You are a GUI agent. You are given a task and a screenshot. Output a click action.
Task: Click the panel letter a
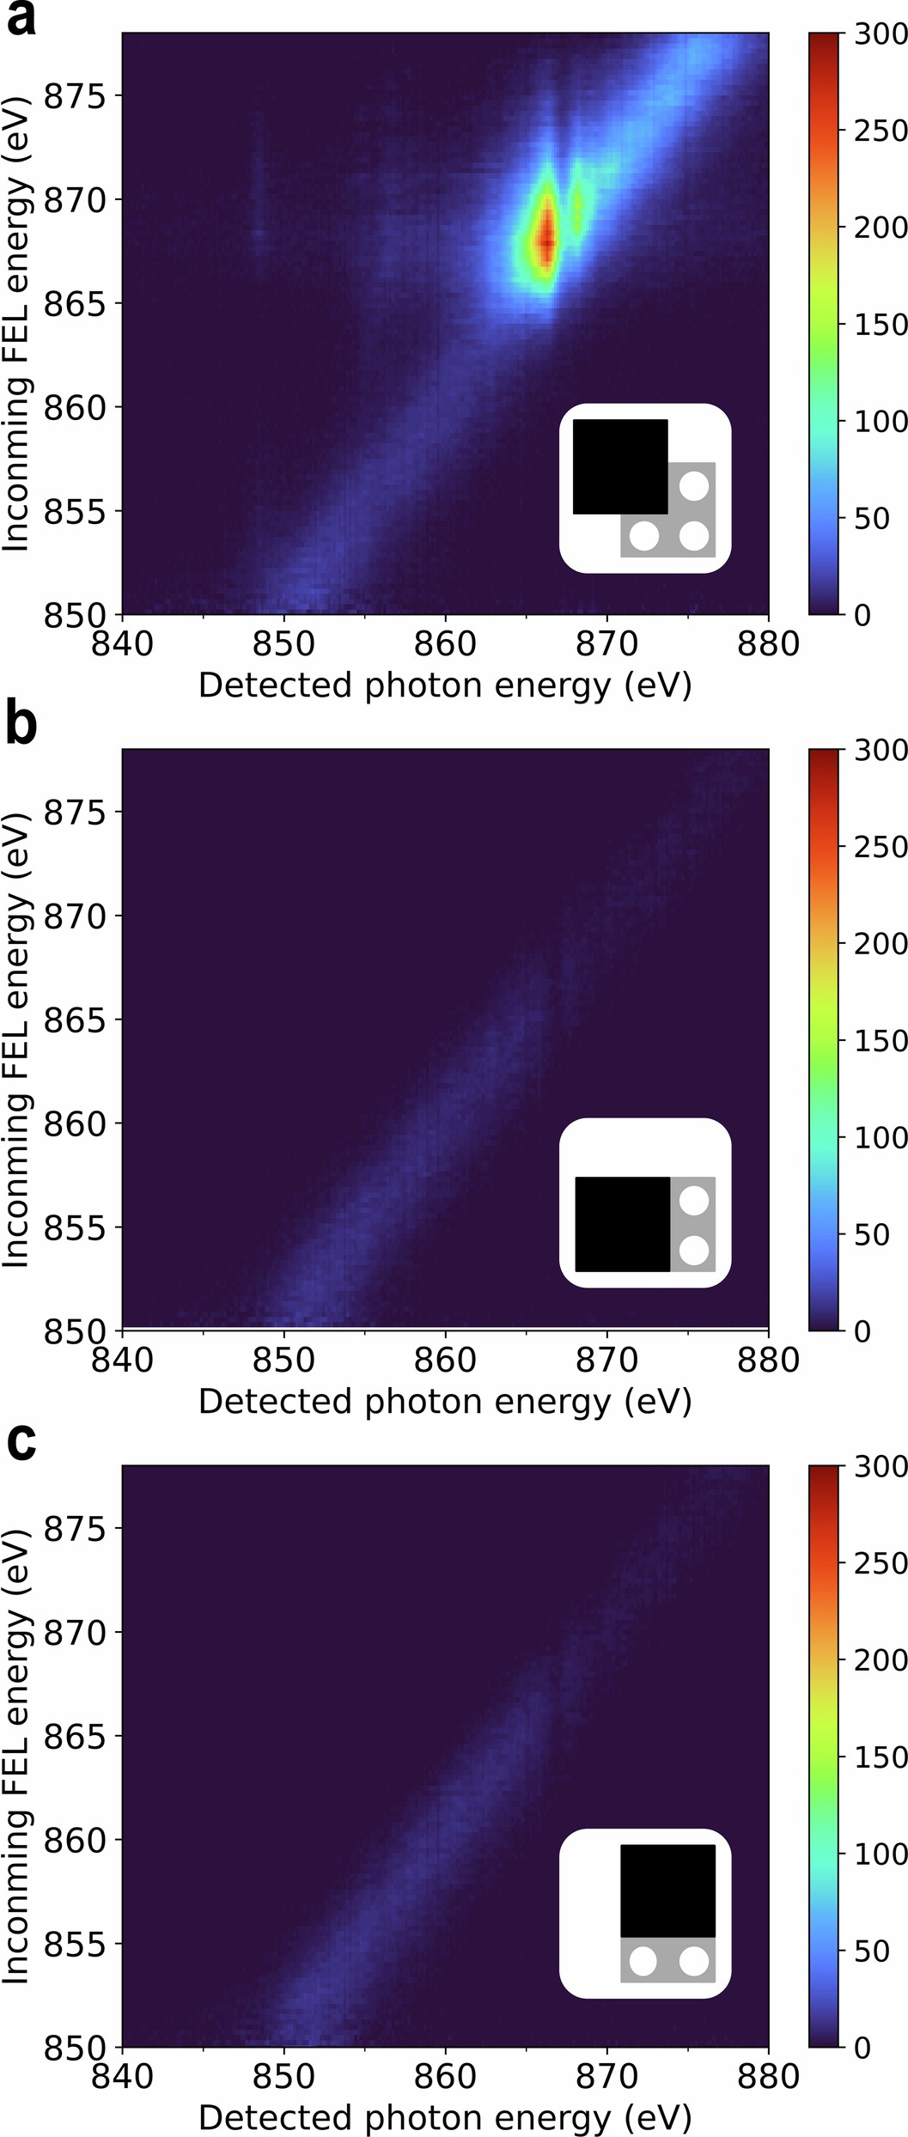[x=21, y=19]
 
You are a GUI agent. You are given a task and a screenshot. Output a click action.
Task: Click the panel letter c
[x=21, y=1441]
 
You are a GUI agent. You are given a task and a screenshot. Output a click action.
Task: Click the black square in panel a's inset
[x=619, y=466]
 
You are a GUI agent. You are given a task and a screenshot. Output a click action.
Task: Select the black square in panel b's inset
[x=622, y=1224]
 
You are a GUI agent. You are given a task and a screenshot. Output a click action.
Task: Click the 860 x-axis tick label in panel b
[x=445, y=1361]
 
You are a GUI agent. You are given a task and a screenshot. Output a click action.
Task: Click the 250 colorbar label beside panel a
[x=881, y=131]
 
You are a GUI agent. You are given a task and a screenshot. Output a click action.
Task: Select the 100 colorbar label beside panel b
[x=881, y=1137]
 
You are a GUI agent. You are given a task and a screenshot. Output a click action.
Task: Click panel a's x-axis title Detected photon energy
[x=445, y=685]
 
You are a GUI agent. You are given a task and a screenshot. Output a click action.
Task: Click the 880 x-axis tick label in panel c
[x=768, y=2077]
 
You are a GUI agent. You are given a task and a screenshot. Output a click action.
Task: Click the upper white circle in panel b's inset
[x=694, y=1199]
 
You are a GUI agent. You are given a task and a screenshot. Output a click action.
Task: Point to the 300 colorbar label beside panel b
[x=881, y=750]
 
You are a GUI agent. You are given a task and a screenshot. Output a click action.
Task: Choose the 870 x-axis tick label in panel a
[x=606, y=644]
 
